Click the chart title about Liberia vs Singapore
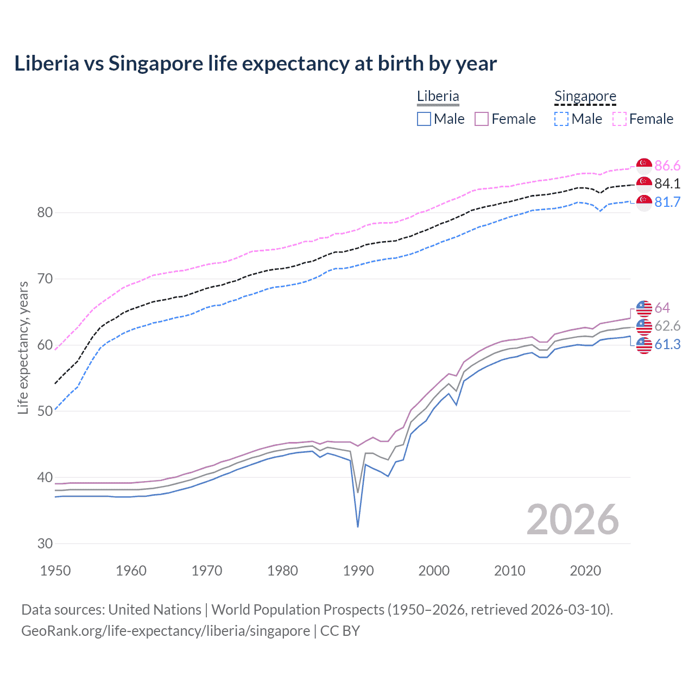tap(255, 64)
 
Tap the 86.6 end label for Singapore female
tap(667, 166)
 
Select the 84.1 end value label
tap(667, 184)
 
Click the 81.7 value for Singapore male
tap(667, 202)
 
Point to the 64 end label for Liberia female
tap(662, 308)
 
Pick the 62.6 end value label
tap(667, 326)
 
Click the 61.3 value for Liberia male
tap(667, 344)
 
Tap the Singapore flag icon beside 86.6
tap(644, 166)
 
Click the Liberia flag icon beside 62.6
tap(644, 326)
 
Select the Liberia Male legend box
tap(424, 119)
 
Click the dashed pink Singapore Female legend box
tap(620, 119)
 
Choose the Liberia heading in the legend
tap(438, 96)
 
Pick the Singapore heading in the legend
tap(585, 96)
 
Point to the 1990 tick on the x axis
tap(358, 571)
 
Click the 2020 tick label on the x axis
tap(585, 571)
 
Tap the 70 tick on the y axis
tap(45, 279)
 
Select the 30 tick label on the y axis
tap(45, 544)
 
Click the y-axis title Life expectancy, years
tap(23, 347)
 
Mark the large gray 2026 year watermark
tap(573, 520)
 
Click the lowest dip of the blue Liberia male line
tap(358, 526)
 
